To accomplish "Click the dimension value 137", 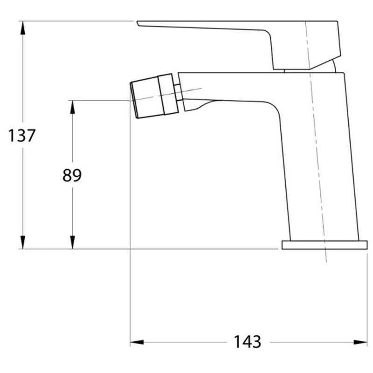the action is click(21, 136).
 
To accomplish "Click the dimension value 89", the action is click(72, 175).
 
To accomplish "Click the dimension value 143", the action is click(248, 342).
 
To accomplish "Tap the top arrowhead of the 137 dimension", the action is click(22, 28).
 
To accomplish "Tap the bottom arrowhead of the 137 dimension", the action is click(22, 242).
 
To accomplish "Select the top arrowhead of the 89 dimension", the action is click(73, 107).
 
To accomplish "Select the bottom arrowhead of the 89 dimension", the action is click(73, 242).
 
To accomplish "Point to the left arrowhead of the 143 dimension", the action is click(137, 342).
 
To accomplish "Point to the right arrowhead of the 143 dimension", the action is click(360, 342).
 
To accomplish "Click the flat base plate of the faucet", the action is click(325, 245).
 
